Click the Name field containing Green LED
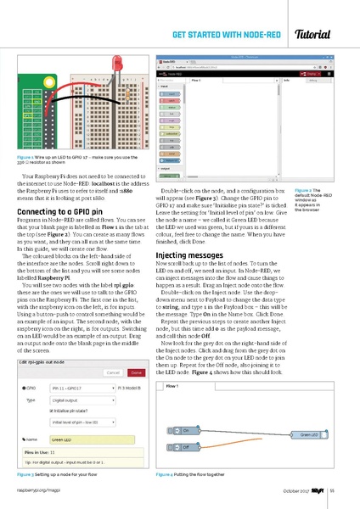tap(93, 440)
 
